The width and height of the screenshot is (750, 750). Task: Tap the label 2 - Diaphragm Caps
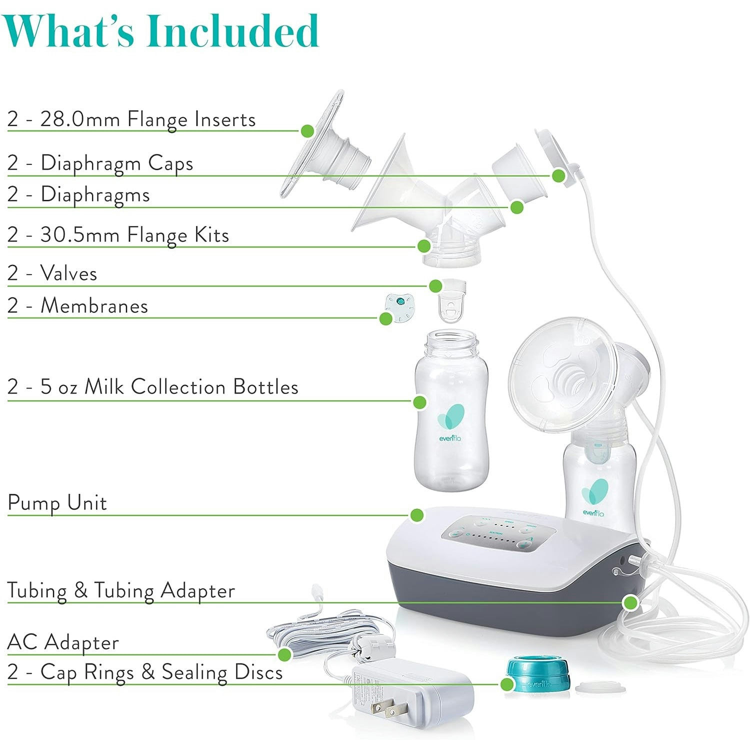tap(100, 163)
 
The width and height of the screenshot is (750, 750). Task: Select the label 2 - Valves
tap(52, 273)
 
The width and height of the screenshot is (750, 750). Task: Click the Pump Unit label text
tap(57, 503)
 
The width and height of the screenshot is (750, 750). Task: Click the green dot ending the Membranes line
tap(385, 318)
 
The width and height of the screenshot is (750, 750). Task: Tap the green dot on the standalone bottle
tap(420, 402)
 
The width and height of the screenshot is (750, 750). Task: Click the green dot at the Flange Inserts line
tap(307, 130)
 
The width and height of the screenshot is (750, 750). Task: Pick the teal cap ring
tap(538, 674)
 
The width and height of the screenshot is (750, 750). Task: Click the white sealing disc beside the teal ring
tap(600, 688)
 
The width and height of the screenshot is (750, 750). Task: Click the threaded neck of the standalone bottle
tap(450, 345)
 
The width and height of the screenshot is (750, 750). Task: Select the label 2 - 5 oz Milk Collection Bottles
tap(153, 387)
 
